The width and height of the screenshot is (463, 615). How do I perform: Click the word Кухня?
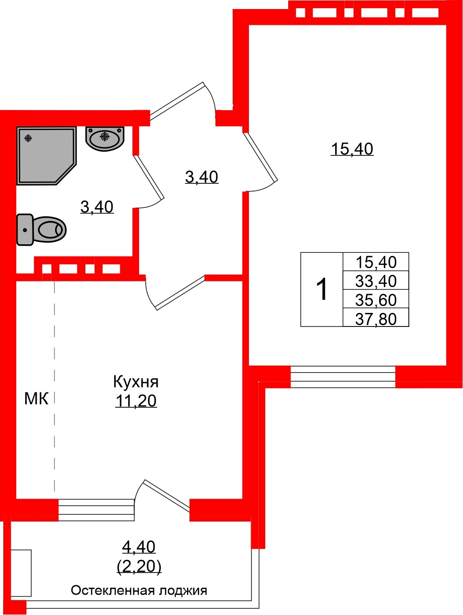[136, 382]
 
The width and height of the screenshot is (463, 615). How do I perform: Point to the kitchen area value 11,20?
[136, 401]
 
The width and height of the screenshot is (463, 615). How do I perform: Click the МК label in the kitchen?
[36, 398]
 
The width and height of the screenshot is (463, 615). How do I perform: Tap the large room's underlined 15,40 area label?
[352, 149]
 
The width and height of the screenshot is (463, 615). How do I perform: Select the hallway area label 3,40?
[201, 177]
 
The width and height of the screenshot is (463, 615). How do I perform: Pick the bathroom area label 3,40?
[97, 207]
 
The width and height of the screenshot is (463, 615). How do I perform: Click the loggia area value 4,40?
[139, 547]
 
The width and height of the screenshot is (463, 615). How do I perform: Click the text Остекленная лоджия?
[139, 590]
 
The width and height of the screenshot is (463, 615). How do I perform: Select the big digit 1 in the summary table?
[322, 289]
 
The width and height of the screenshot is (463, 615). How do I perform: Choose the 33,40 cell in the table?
[376, 281]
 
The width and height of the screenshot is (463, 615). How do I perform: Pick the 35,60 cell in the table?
[376, 300]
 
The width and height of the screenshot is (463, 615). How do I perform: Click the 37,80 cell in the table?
[376, 319]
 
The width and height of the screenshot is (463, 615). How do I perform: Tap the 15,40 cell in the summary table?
[376, 262]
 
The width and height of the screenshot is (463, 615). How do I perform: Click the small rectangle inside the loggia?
[21, 573]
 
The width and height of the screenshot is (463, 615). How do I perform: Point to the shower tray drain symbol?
[28, 138]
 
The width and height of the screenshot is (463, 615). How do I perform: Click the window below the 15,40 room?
[342, 377]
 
